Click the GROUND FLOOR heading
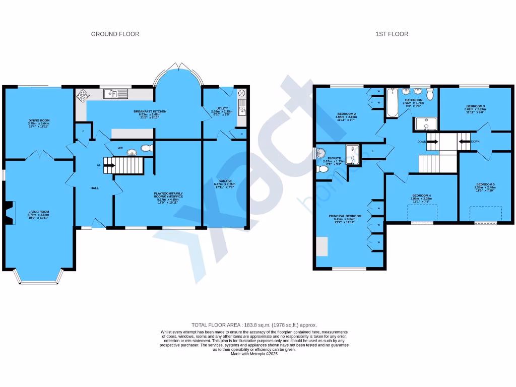115,34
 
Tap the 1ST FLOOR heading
392,34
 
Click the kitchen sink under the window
116,93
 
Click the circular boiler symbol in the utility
241,93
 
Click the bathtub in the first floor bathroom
392,103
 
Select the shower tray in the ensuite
353,155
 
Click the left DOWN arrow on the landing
432,142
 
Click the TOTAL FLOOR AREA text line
254,325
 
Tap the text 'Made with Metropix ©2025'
254,354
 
